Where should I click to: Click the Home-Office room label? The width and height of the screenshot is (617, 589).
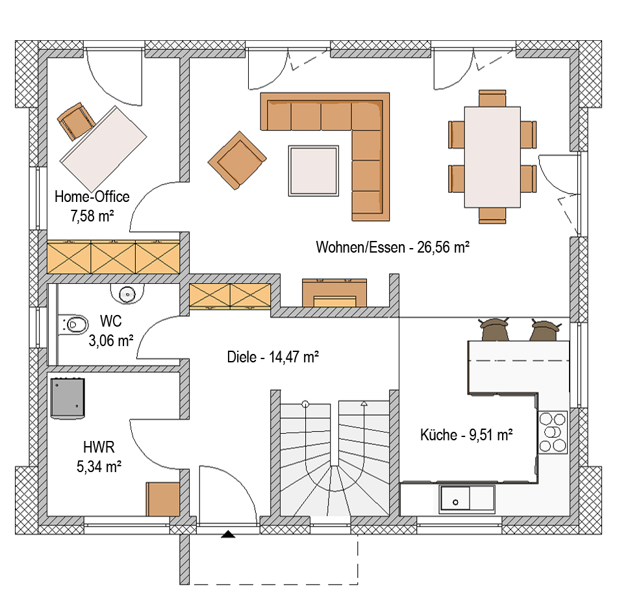(x=92, y=197)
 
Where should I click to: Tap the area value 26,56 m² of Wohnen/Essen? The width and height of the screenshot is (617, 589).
(x=443, y=247)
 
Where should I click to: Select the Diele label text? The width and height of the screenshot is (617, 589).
(x=242, y=357)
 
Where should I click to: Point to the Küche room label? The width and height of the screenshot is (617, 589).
(x=439, y=434)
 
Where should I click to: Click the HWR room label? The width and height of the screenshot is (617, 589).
(x=99, y=447)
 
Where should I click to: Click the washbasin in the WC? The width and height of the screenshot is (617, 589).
(x=127, y=294)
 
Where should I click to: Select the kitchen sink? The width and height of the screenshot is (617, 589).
(x=467, y=499)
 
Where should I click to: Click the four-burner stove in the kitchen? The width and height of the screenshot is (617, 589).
(x=553, y=432)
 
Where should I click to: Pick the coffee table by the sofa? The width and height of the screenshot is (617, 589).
(x=314, y=171)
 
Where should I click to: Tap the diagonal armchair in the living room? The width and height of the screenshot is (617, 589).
(x=237, y=160)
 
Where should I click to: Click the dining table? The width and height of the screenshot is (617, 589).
(x=492, y=157)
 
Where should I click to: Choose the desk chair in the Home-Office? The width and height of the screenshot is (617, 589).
(x=76, y=121)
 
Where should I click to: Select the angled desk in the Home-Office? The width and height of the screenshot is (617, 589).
(x=103, y=149)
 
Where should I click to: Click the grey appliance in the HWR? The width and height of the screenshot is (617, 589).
(x=68, y=398)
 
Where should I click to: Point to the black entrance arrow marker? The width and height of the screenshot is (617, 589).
(x=228, y=534)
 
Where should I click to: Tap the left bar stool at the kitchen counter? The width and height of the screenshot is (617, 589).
(x=494, y=329)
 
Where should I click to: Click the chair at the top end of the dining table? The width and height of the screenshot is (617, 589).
(x=492, y=98)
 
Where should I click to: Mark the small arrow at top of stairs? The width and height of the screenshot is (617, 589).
(x=364, y=403)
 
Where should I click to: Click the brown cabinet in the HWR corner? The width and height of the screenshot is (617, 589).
(x=163, y=499)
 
